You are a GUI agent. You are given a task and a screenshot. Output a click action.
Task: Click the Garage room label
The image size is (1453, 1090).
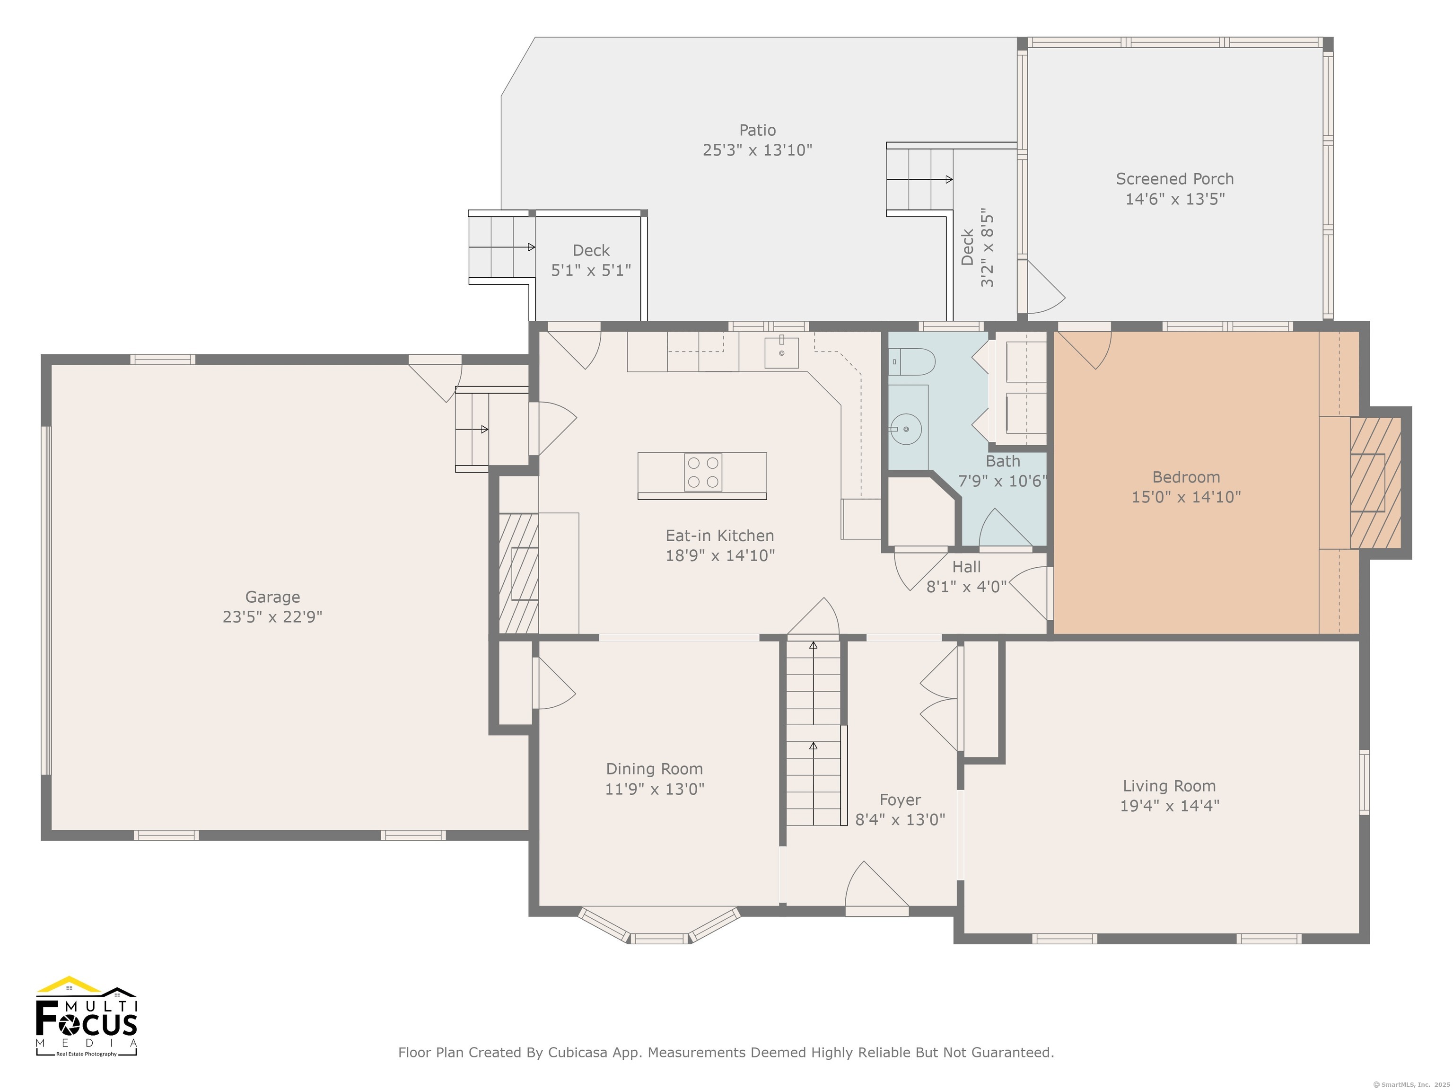(272, 597)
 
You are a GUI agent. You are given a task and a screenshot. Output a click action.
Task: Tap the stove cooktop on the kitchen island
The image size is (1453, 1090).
(703, 473)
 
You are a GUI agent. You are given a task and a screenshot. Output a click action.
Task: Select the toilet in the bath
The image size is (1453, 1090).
(912, 362)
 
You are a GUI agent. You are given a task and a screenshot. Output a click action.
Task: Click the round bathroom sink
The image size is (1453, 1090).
(906, 430)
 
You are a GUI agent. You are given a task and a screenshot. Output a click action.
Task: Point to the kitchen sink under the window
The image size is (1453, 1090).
(782, 353)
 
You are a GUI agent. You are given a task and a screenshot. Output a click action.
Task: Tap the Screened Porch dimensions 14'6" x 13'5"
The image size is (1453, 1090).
(1175, 199)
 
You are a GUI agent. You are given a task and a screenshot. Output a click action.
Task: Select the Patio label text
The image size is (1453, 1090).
(757, 130)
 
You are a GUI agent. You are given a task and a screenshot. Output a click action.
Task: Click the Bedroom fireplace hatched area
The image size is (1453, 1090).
(1375, 483)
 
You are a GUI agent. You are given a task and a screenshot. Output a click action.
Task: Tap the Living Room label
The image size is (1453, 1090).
(1169, 786)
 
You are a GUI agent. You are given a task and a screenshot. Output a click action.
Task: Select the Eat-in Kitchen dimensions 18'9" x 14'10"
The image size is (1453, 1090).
(720, 556)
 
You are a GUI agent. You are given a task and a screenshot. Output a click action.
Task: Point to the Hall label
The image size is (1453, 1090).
(966, 567)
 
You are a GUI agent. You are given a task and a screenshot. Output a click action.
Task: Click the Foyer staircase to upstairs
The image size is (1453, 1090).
(814, 732)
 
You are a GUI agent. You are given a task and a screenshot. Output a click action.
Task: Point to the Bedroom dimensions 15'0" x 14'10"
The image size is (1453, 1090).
(1186, 497)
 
